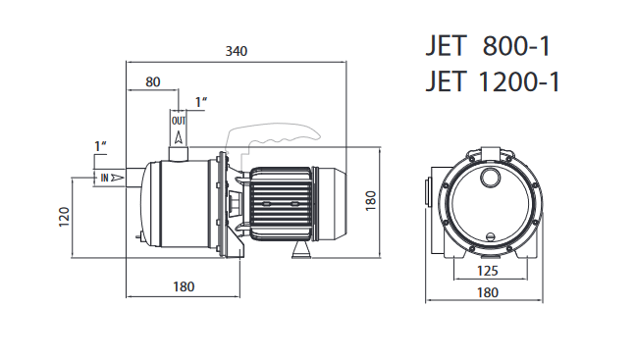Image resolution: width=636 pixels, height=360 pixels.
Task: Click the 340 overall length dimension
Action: click(x=237, y=51)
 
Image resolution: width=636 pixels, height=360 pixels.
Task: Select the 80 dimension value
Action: click(x=153, y=81)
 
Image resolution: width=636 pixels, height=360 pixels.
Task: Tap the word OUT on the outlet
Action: click(x=179, y=121)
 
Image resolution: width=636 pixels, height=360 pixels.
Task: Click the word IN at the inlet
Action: click(x=105, y=178)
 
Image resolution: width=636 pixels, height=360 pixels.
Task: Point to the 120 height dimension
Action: click(x=65, y=217)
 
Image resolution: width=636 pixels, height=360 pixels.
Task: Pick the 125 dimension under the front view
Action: click(x=487, y=271)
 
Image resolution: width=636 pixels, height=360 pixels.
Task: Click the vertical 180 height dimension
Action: click(x=371, y=201)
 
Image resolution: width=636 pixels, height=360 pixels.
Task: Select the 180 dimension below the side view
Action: click(x=184, y=287)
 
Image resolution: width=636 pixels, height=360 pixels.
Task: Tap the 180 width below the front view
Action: click(x=487, y=292)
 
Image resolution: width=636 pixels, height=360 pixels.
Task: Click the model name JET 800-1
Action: click(x=488, y=46)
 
